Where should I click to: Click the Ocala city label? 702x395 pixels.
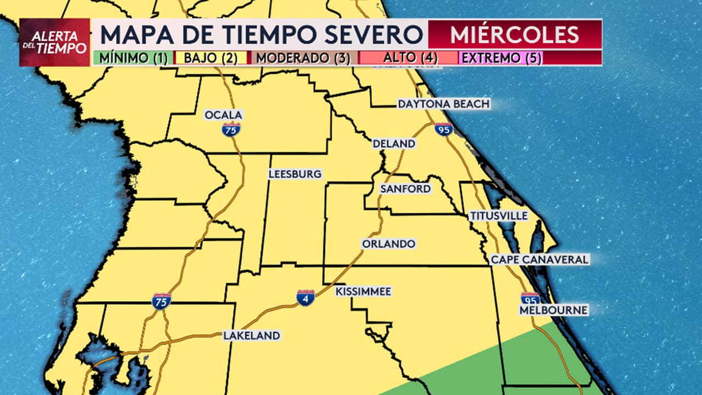223,115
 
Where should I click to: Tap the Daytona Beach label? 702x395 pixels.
443,104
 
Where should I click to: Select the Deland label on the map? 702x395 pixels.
394,144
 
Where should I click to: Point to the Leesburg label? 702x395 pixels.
295,174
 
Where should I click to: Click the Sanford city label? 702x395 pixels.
405,189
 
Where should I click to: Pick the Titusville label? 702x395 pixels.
499,216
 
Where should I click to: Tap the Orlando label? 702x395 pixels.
388,244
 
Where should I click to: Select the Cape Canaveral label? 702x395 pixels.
540,259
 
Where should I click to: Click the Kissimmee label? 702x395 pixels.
364,291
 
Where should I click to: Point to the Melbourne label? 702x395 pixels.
553,311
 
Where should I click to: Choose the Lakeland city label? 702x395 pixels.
251,336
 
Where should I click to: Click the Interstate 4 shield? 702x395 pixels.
305,297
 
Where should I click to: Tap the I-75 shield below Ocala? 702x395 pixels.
231,129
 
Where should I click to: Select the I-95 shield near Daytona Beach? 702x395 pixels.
443,129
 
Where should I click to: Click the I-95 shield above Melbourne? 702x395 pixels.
530,298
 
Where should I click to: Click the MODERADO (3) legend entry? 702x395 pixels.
303,58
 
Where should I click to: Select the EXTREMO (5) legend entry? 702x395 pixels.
501,58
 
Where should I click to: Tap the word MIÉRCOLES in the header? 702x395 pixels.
514,35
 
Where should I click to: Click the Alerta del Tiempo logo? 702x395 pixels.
54,42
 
